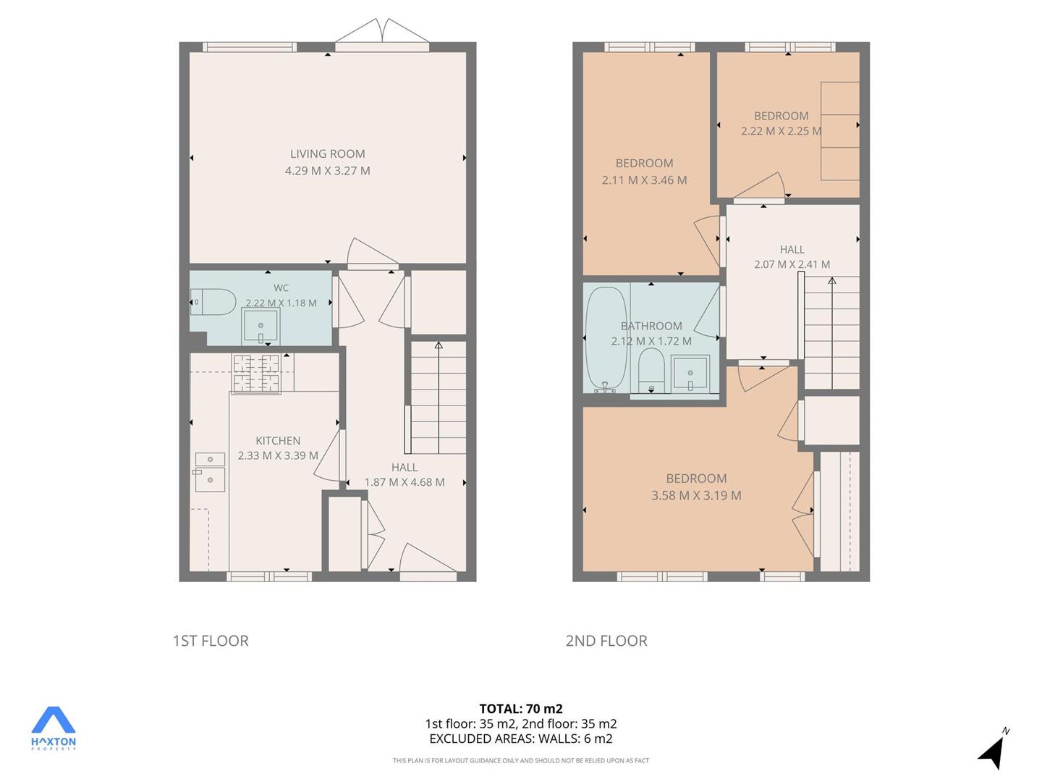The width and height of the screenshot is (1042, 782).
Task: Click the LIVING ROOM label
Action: pyautogui.click(x=328, y=154)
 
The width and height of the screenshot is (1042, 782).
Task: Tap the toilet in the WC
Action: pyautogui.click(x=213, y=301)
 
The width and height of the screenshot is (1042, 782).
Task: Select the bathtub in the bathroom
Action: pyautogui.click(x=606, y=340)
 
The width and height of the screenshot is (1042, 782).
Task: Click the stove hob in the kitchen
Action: pyautogui.click(x=256, y=373)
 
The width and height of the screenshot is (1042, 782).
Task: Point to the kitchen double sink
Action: pyautogui.click(x=211, y=472)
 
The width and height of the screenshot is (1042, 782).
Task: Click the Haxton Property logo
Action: pyautogui.click(x=53, y=728)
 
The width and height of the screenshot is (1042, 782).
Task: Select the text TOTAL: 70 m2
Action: pyautogui.click(x=521, y=709)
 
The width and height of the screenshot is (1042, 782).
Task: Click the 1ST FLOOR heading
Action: pyautogui.click(x=211, y=641)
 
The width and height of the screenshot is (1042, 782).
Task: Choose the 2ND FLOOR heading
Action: pyautogui.click(x=606, y=641)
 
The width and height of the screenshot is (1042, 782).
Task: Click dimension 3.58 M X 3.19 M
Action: pyautogui.click(x=696, y=495)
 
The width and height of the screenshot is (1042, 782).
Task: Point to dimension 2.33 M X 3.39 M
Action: pyautogui.click(x=278, y=455)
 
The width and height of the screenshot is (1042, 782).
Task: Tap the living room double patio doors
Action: pyautogui.click(x=382, y=35)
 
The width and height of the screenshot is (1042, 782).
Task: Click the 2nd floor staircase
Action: pyautogui.click(x=831, y=333)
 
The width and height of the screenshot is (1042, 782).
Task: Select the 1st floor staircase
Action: pyautogui.click(x=439, y=398)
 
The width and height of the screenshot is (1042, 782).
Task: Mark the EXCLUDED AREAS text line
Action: pyautogui.click(x=521, y=739)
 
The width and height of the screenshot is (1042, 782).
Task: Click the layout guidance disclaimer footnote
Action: pyautogui.click(x=521, y=760)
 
